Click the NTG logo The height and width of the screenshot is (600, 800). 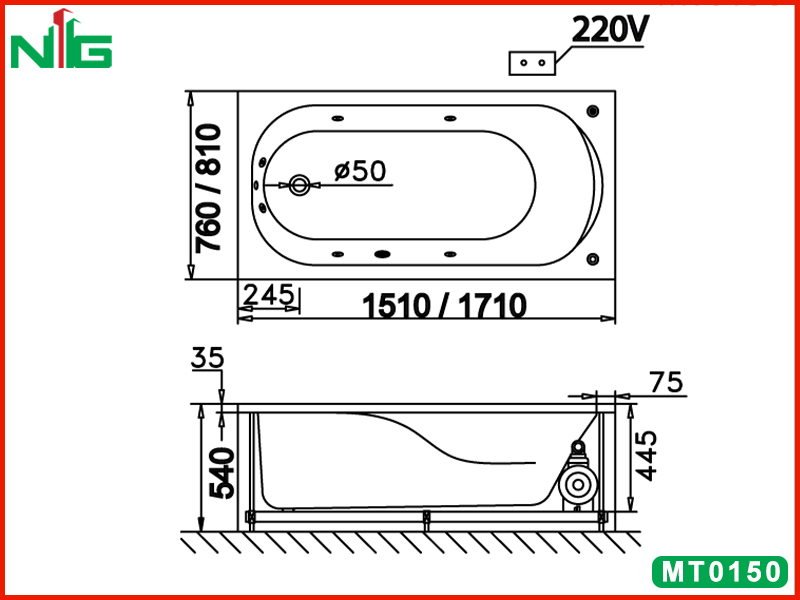pos(61,39)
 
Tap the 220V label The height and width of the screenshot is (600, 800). pos(610,30)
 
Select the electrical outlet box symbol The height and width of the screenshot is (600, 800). pos(532,63)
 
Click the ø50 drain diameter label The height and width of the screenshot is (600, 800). pos(360,171)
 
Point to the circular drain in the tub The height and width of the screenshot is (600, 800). pos(298,185)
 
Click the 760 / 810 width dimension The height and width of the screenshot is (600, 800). pos(209,188)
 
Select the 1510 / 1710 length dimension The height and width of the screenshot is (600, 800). pos(444,306)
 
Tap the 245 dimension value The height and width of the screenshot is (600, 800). pos(269,295)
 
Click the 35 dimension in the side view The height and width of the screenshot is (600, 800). pos(208,358)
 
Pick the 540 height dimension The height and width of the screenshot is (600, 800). pos(223,473)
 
